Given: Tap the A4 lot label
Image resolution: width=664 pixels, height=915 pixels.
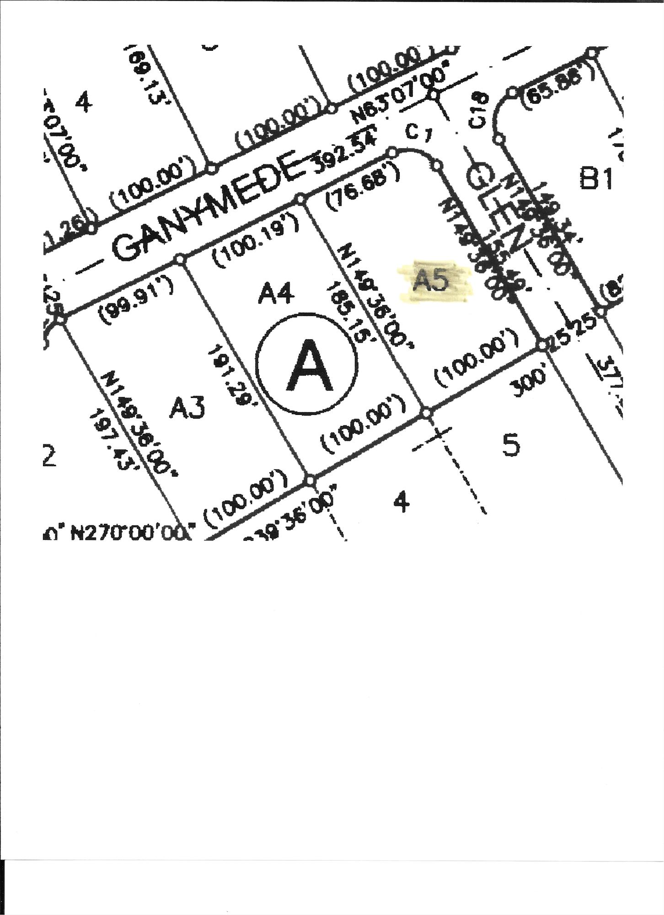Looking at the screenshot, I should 275,293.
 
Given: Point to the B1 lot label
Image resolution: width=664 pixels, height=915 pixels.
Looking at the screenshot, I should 596,178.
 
